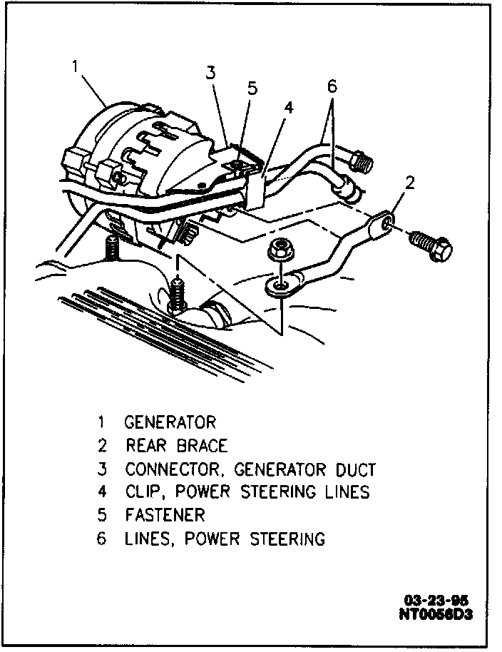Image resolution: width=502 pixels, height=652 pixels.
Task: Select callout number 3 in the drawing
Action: click(210, 72)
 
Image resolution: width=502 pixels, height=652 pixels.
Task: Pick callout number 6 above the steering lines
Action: click(332, 87)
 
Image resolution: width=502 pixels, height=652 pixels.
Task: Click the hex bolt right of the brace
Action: click(434, 247)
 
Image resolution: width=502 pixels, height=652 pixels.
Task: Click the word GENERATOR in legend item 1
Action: click(170, 423)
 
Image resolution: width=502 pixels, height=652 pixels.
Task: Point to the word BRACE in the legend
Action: click(202, 447)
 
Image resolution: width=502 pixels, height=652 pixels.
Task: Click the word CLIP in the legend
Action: click(143, 492)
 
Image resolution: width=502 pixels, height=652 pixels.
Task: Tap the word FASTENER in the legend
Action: click(165, 515)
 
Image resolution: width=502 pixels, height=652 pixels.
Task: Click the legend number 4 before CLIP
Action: click(102, 492)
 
